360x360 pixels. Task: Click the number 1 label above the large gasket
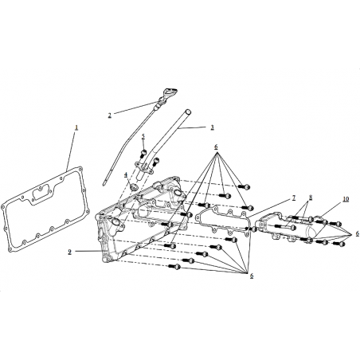[76, 127]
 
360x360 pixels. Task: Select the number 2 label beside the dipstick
[110, 115]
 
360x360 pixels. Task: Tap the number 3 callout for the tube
[212, 127]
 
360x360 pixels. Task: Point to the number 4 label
[126, 174]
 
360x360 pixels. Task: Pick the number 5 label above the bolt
[143, 136]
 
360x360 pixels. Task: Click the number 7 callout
[294, 198]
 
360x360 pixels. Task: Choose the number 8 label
[311, 198]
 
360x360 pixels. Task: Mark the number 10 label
[346, 199]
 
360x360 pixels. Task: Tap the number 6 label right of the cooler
[358, 233]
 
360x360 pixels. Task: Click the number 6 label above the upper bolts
[216, 147]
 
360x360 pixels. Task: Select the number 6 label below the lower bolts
[252, 276]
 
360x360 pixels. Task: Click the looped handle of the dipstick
[170, 92]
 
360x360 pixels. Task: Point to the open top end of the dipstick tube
[188, 112]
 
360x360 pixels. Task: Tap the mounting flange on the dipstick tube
[143, 168]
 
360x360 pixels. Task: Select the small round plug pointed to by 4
[134, 186]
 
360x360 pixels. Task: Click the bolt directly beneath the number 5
[143, 154]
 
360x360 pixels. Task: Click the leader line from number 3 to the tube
[191, 128]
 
